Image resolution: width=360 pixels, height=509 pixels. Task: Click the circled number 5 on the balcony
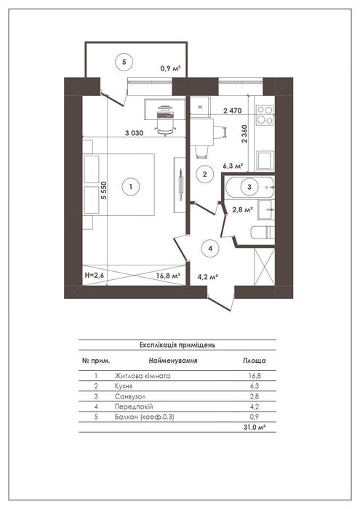pyautogui.click(x=124, y=62)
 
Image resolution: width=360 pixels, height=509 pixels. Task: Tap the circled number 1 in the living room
pyautogui.click(x=130, y=187)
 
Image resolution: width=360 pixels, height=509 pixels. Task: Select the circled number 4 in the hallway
pyautogui.click(x=210, y=249)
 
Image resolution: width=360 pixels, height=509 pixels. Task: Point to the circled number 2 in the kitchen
pyautogui.click(x=204, y=175)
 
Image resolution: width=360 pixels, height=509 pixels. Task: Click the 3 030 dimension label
pyautogui.click(x=134, y=133)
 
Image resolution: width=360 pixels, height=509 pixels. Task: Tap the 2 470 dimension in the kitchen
pyautogui.click(x=233, y=111)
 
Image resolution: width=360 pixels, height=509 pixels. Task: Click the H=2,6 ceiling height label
pyautogui.click(x=93, y=276)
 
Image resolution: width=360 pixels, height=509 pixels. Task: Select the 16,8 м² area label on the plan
pyautogui.click(x=168, y=276)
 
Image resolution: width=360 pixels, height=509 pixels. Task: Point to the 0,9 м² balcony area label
pyautogui.click(x=170, y=68)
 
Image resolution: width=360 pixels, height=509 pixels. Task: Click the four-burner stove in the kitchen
pyautogui.click(x=265, y=115)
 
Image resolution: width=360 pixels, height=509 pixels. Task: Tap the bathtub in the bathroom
pyautogui.click(x=249, y=187)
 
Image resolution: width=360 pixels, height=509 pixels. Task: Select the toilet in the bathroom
pyautogui.click(x=263, y=233)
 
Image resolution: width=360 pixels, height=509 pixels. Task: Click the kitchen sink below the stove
pyautogui.click(x=265, y=161)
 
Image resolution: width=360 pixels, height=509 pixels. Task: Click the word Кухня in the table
pyautogui.click(x=124, y=386)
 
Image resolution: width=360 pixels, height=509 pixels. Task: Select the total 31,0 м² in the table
pyautogui.click(x=255, y=428)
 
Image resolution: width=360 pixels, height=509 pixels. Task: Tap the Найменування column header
pyautogui.click(x=173, y=361)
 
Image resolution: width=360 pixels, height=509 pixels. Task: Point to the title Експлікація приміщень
pyautogui.click(x=177, y=345)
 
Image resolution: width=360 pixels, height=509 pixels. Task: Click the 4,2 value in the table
pyautogui.click(x=255, y=406)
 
